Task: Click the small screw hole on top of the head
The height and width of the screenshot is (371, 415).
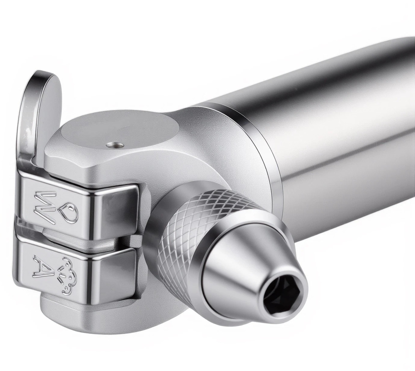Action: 115,145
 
